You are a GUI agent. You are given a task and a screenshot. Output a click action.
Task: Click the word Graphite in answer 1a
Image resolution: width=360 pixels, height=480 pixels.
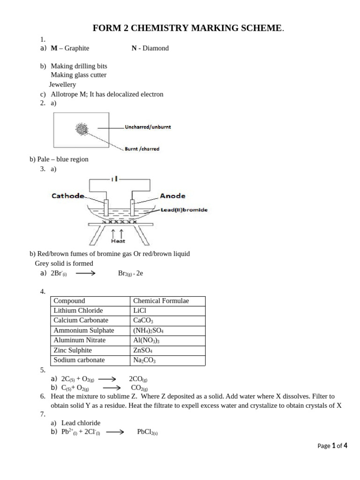tap(77, 48)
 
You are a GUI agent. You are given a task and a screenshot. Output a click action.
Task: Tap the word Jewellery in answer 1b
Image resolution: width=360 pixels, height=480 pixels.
tap(62, 85)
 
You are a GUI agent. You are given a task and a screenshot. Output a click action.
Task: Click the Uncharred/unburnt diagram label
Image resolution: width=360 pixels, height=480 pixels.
tap(148, 127)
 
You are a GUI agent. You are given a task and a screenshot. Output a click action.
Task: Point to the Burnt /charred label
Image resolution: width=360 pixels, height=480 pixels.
tap(142, 149)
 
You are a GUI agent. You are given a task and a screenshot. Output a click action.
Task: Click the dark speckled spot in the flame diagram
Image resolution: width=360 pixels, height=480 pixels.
tap(82, 129)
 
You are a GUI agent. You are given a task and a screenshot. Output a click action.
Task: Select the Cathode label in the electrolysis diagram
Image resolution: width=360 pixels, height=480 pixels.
tap(68, 196)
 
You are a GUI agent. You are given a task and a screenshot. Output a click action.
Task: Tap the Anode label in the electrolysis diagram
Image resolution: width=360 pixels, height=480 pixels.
tap(172, 196)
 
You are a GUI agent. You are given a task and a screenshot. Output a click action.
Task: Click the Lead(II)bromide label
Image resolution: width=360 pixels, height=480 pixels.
tap(184, 210)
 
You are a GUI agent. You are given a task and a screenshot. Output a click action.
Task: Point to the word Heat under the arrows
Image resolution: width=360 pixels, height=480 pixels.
tap(118, 241)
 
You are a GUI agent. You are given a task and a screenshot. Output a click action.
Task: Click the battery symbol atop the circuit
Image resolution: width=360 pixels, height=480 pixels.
tap(115, 179)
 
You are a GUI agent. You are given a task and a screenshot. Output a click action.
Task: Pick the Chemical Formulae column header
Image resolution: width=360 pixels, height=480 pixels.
tap(161, 301)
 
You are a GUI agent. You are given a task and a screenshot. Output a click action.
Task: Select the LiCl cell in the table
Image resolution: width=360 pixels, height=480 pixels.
tap(141, 311)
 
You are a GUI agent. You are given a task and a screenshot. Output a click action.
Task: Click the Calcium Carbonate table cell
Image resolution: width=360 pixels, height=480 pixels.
tap(81, 321)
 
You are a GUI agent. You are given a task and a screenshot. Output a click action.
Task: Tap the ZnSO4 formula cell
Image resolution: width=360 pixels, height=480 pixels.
tap(142, 351)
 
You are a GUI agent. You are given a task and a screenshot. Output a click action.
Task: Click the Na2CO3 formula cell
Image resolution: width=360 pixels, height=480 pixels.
tap(144, 360)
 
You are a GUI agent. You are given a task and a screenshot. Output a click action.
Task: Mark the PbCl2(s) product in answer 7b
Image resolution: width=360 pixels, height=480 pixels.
tap(147, 432)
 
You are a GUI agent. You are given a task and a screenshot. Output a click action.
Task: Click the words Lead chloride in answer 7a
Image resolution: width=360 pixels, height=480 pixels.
tap(81, 423)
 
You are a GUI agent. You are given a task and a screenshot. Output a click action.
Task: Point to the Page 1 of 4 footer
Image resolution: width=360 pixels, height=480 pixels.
tap(332, 446)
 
